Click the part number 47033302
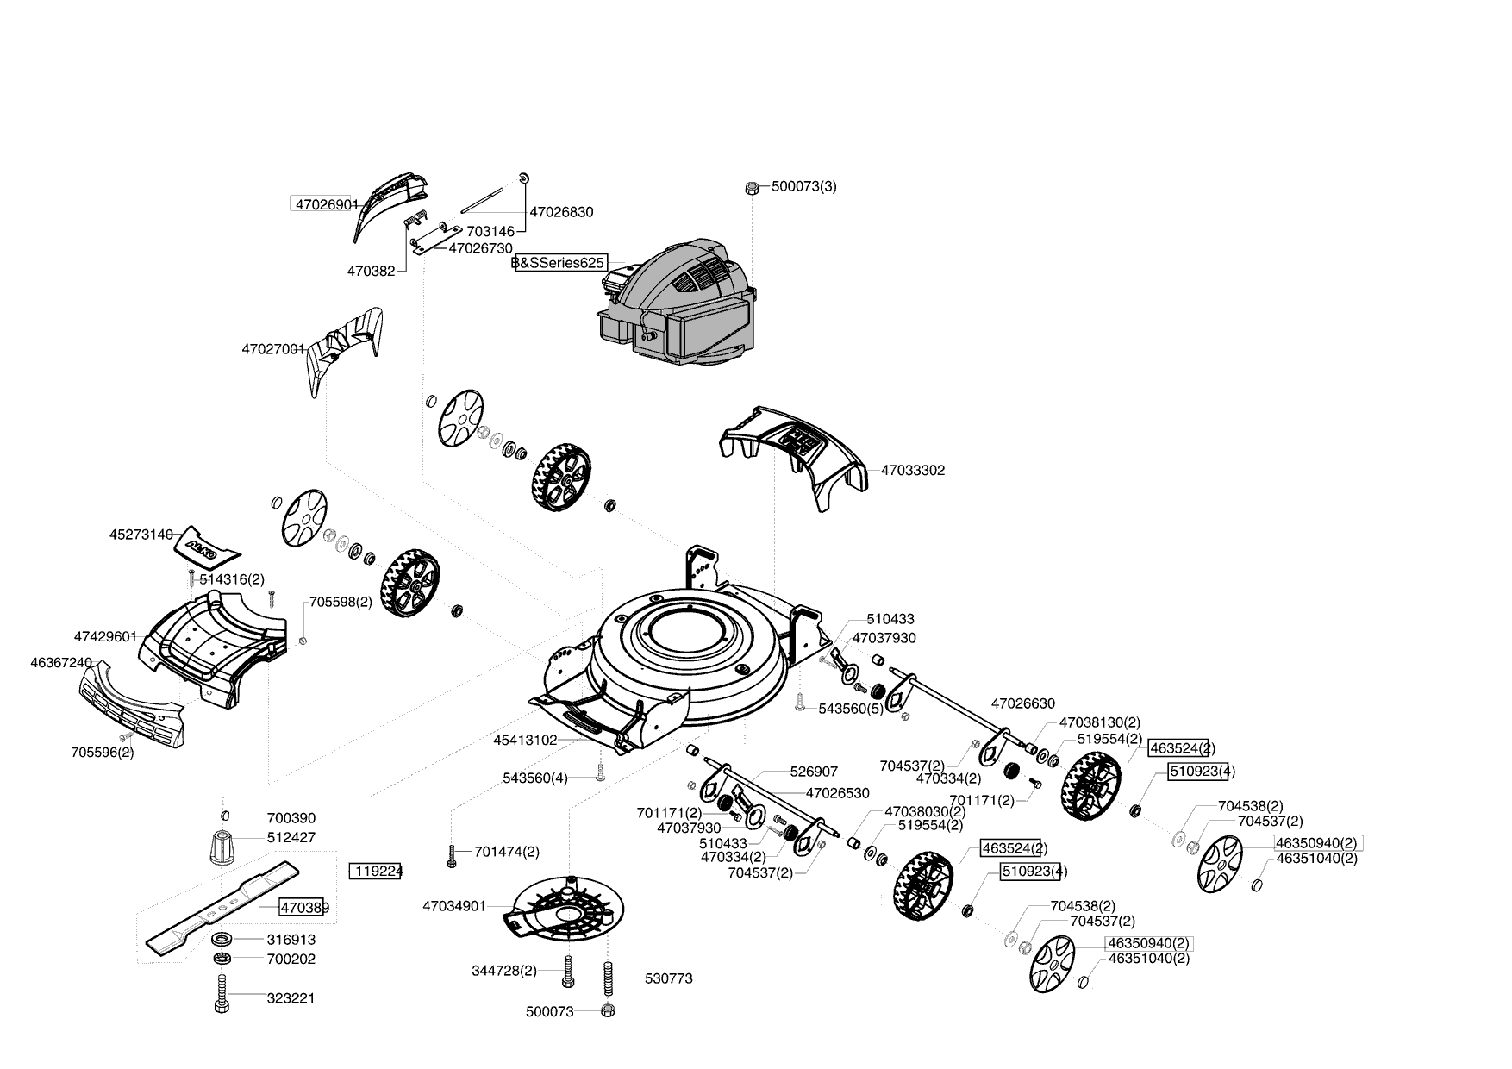[913, 471]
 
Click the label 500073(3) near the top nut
[803, 186]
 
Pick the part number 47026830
[561, 212]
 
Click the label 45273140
[141, 534]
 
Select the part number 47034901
[454, 906]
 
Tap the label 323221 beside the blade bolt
[291, 998]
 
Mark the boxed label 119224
[376, 871]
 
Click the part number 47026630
[1023, 703]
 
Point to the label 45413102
[526, 740]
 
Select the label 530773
[669, 978]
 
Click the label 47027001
[273, 349]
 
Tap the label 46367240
[61, 662]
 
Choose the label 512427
[291, 837]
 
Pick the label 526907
[814, 772]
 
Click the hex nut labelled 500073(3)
[751, 186]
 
